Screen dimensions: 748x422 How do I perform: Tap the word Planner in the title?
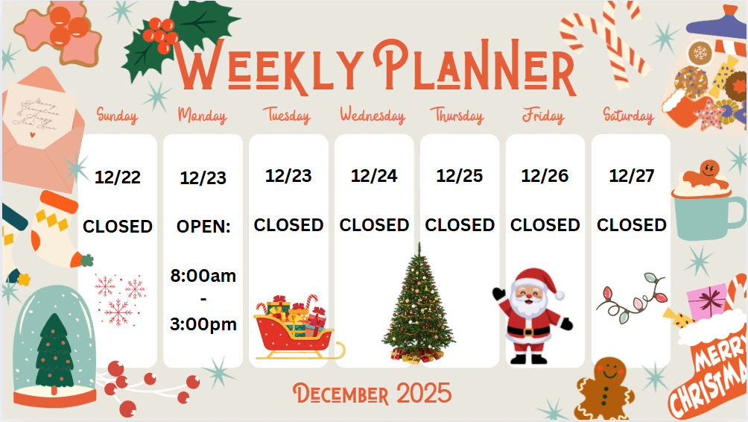pyautogui.click(x=475, y=67)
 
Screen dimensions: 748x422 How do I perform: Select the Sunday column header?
pyautogui.click(x=118, y=116)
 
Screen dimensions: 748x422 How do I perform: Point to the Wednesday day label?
pyautogui.click(x=373, y=116)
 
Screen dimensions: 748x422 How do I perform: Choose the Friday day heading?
pyautogui.click(x=543, y=116)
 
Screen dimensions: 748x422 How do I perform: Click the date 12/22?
pyautogui.click(x=118, y=177)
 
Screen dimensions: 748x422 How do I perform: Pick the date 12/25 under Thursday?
pyautogui.click(x=460, y=176)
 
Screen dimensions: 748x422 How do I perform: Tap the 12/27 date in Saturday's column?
pyautogui.click(x=631, y=176)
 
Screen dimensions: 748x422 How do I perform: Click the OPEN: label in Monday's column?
pyautogui.click(x=203, y=226)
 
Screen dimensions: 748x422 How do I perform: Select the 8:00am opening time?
pyautogui.click(x=203, y=276)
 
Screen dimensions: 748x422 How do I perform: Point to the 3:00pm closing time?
pyautogui.click(x=203, y=324)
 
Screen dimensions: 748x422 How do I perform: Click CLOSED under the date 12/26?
pyautogui.click(x=545, y=225)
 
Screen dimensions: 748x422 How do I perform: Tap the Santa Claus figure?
pyautogui.click(x=533, y=316)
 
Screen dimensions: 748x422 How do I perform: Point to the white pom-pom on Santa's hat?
pyautogui.click(x=560, y=295)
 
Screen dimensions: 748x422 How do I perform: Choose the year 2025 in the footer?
pyautogui.click(x=424, y=394)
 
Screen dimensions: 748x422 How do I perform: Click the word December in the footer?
pyautogui.click(x=340, y=394)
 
